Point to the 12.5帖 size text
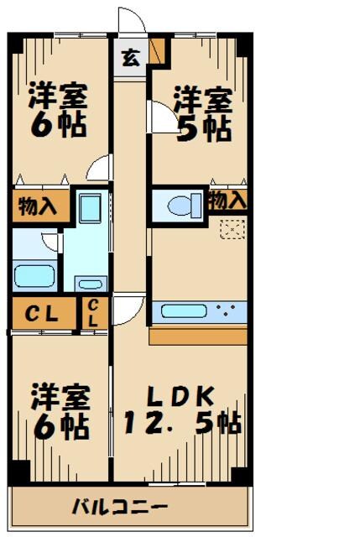point(180,422)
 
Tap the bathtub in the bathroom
point(34,276)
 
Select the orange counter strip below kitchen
point(198,336)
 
